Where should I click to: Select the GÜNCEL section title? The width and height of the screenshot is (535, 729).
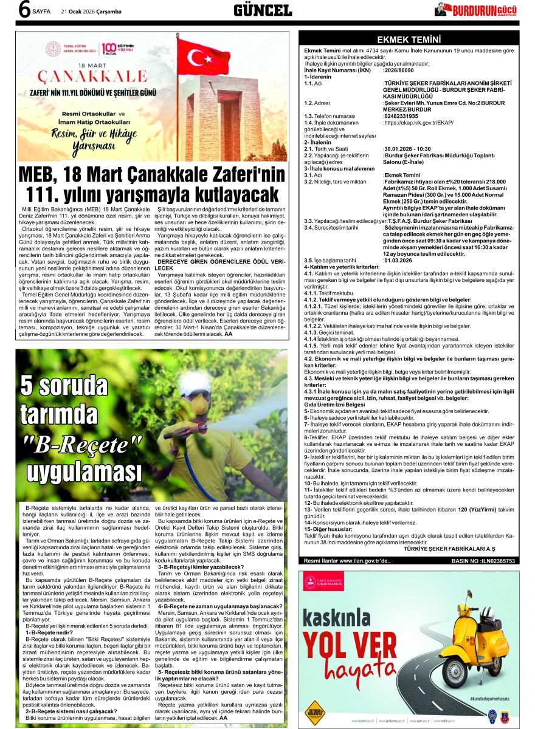point(263,10)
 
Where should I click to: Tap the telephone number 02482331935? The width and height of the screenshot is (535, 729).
point(401,116)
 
